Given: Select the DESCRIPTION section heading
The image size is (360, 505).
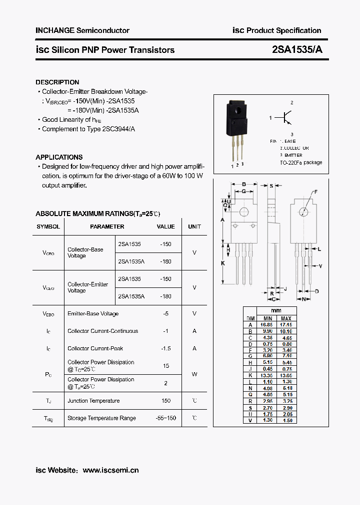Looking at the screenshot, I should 57,82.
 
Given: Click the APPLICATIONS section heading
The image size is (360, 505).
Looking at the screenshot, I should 59,157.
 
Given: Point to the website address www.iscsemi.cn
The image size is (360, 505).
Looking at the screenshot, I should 110,470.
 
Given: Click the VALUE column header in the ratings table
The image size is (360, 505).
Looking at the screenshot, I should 165,227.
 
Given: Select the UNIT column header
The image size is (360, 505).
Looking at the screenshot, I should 194,227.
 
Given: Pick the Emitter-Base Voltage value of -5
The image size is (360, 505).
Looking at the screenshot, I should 165,313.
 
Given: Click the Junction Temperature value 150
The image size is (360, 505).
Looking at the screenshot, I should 165,401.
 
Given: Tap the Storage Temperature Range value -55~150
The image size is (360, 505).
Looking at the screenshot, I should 165,418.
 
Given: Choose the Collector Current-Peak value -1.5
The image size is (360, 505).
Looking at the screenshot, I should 165,348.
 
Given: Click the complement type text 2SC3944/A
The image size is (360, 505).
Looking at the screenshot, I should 118,129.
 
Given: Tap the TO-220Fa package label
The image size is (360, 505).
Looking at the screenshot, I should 300,163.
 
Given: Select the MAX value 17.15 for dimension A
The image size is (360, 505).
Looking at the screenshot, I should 286,324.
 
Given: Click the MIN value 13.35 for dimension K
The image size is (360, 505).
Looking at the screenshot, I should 267,375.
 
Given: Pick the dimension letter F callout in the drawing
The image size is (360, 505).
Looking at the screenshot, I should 315,192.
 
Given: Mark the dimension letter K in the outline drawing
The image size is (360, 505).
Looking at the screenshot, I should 223,263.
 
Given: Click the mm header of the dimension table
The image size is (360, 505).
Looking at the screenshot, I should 276,311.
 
